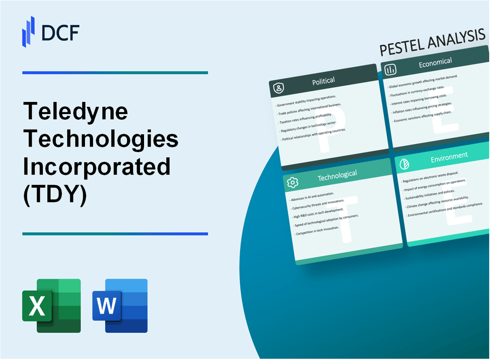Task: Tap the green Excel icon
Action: (x=51, y=305)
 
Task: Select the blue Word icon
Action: (x=120, y=305)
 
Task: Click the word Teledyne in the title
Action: (x=76, y=112)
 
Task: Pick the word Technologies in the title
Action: (x=101, y=140)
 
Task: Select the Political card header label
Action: (x=323, y=81)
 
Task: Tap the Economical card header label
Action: (x=435, y=63)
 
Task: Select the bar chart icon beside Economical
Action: (x=390, y=70)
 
